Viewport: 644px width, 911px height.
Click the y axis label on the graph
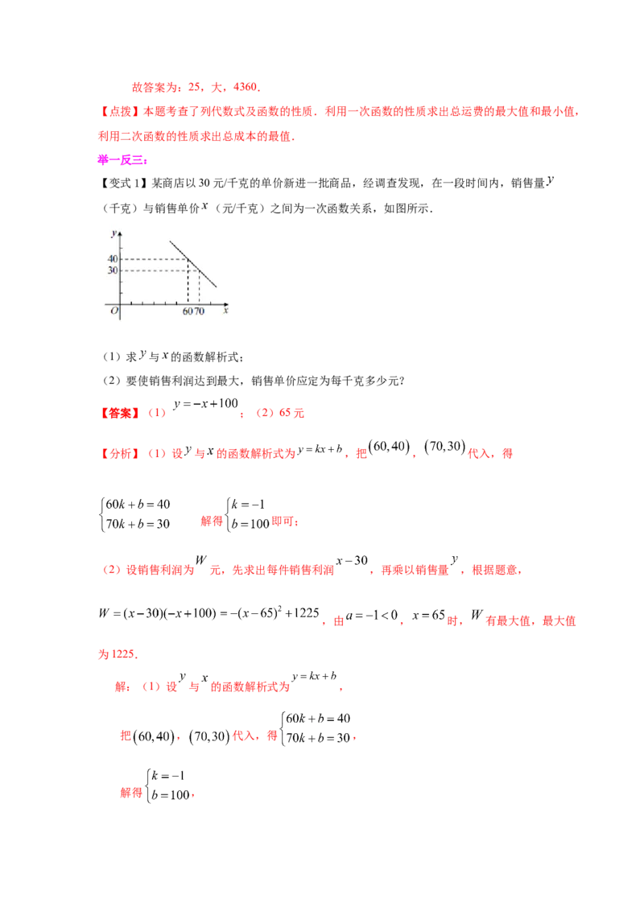pos(114,233)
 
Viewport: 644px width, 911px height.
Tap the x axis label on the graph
pos(225,310)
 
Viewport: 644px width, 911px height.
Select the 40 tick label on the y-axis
pos(113,259)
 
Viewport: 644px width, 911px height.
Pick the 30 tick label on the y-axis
pos(113,270)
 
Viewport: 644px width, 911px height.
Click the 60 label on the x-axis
pos(188,311)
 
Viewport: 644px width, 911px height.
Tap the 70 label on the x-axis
pos(200,311)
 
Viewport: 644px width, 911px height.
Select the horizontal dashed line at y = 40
pos(153,259)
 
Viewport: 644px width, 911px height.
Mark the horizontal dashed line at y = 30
pos(157,270)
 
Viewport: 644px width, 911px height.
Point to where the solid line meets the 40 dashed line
pos(188,259)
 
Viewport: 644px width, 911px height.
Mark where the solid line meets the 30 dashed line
pos(199,270)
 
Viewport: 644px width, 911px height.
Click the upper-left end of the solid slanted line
pos(170,240)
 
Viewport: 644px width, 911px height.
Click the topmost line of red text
pos(193,87)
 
